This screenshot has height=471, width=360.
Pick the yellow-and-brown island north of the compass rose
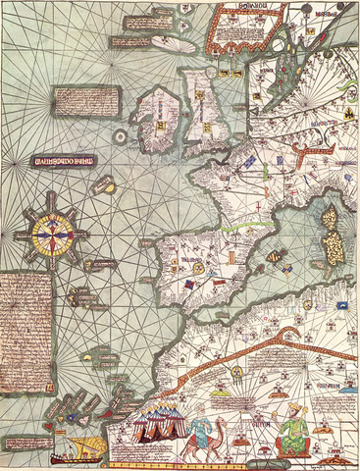(x=103, y=183)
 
